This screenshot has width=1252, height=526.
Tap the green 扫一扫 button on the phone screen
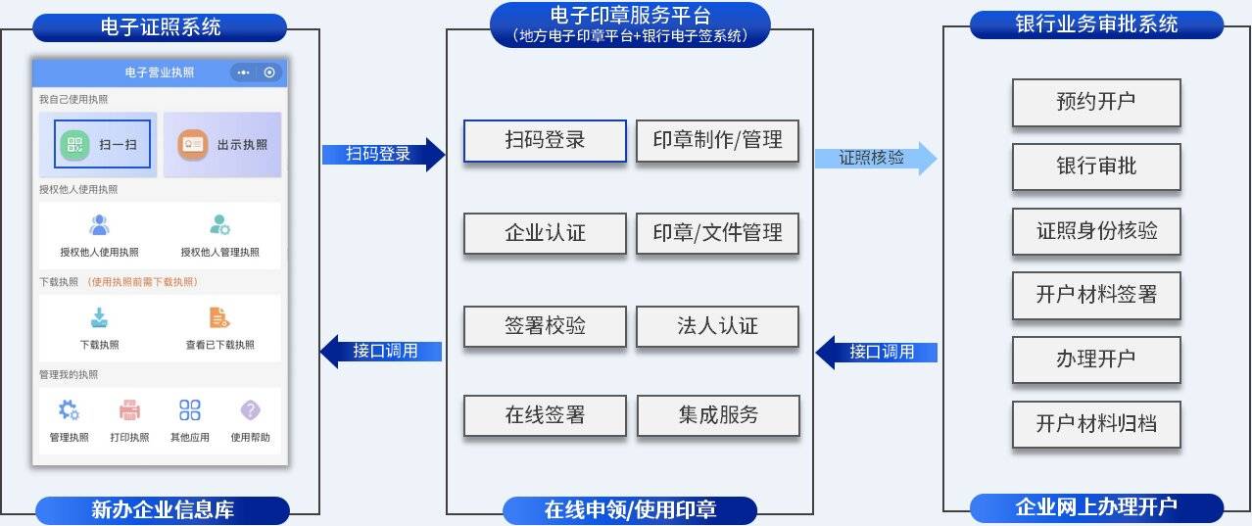[103, 144]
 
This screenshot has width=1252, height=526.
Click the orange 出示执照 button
[222, 144]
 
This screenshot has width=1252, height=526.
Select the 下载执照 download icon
[99, 318]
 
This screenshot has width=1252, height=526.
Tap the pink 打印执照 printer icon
[129, 410]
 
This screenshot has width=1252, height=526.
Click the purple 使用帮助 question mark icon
[250, 410]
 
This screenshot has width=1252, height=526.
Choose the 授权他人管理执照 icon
[219, 226]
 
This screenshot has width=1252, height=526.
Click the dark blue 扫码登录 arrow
[383, 154]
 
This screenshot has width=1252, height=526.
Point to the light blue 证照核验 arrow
[875, 157]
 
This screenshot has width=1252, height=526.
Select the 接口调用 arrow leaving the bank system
[877, 352]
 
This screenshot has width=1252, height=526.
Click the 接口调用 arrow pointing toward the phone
[381, 351]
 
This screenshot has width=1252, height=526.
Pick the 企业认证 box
[545, 233]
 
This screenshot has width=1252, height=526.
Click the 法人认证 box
[717, 326]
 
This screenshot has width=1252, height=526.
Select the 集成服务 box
[718, 415]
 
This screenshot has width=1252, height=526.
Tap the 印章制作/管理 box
[717, 140]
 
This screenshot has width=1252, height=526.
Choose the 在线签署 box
[545, 415]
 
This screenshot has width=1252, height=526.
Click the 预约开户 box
[1095, 102]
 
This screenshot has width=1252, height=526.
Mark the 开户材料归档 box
[1095, 424]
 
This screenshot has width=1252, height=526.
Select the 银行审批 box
[1095, 166]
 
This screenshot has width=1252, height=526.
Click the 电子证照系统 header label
[160, 26]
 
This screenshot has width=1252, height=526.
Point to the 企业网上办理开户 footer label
[1096, 507]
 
